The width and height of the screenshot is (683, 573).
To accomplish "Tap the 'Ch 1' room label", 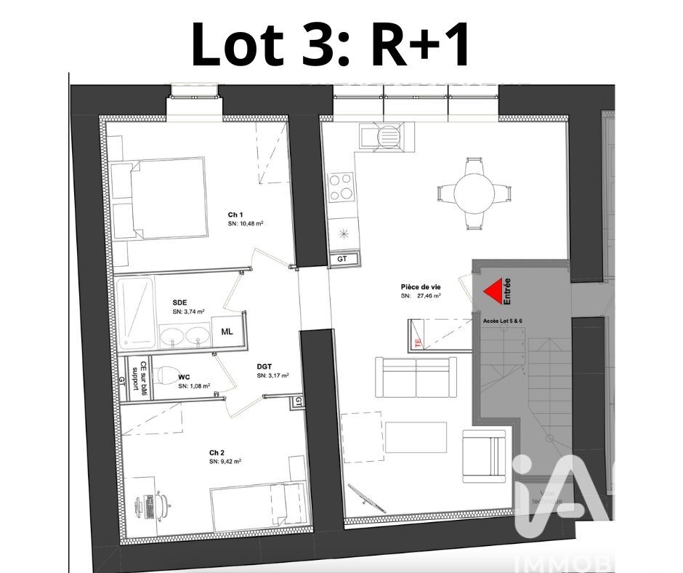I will click(x=235, y=215).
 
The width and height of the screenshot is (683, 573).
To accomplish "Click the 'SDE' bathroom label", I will click(x=179, y=302).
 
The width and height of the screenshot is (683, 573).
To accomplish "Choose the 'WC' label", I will click(x=184, y=377).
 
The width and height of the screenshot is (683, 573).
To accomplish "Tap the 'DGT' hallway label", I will click(x=265, y=366).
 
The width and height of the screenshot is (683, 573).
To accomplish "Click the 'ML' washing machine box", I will click(x=227, y=332).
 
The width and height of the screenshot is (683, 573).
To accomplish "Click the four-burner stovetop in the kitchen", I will click(x=341, y=187).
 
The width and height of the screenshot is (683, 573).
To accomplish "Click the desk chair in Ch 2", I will click(x=161, y=503).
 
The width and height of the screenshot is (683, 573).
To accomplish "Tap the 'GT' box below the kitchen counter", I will click(x=342, y=258).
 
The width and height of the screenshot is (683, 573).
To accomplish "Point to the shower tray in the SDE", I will click(x=135, y=311).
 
